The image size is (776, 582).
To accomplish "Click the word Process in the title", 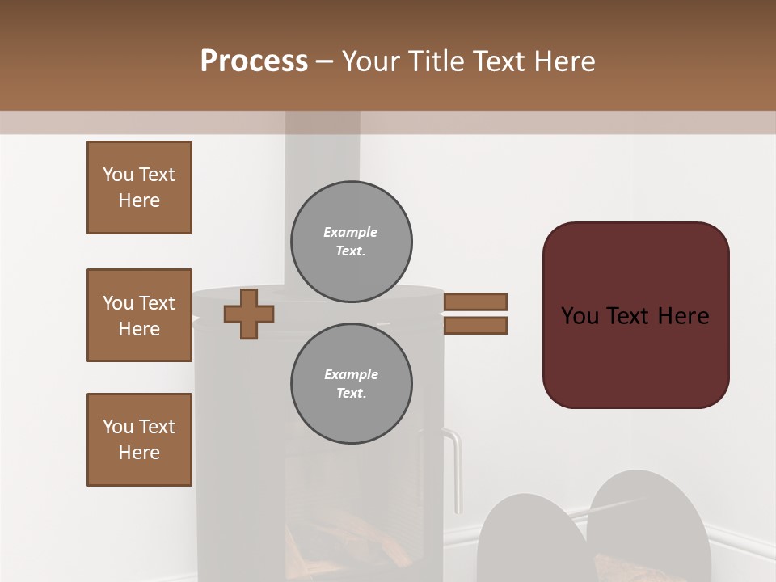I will click(254, 61).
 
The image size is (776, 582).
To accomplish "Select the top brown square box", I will click(139, 188).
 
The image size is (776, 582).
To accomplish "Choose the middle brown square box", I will click(139, 315).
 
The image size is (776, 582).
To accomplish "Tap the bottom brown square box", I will click(139, 440).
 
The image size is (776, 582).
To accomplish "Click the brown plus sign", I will click(249, 314).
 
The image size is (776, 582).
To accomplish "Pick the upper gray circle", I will click(352, 242).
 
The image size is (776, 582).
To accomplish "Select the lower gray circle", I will click(352, 384).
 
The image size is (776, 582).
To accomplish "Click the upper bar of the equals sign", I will click(475, 302).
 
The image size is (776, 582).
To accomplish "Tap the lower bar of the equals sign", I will click(475, 326).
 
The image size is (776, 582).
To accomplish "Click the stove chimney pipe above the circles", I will click(323, 154).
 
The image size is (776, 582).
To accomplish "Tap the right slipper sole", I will click(648, 525).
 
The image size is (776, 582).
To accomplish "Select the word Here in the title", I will click(564, 61).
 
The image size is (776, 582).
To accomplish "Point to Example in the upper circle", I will click(351, 232).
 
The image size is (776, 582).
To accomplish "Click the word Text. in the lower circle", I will click(351, 394).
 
